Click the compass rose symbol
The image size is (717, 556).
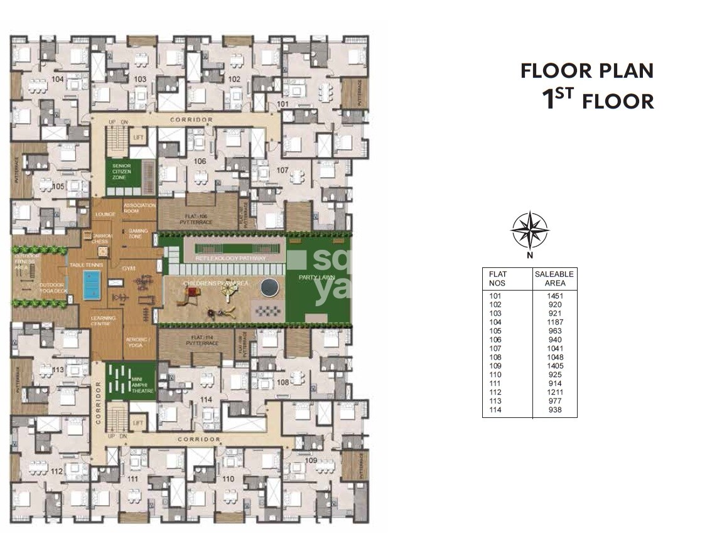pyautogui.click(x=529, y=230)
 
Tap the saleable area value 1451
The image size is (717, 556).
pyautogui.click(x=554, y=296)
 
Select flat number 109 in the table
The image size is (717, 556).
pyautogui.click(x=497, y=366)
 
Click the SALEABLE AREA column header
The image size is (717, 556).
pyautogui.click(x=554, y=279)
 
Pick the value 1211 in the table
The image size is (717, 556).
pyautogui.click(x=554, y=392)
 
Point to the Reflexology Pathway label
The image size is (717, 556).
pyautogui.click(x=230, y=259)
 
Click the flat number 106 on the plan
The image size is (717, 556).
pyautogui.click(x=200, y=161)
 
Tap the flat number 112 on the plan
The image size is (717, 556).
pyautogui.click(x=57, y=471)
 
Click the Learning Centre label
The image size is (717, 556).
pyautogui.click(x=103, y=322)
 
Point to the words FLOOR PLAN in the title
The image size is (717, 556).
pyautogui.click(x=587, y=71)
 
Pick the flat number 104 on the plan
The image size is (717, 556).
pyautogui.click(x=58, y=79)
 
